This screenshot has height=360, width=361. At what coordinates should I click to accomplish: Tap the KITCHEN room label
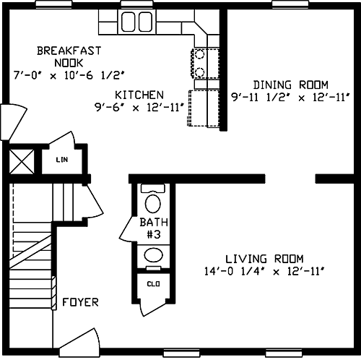pyautogui.click(x=139, y=95)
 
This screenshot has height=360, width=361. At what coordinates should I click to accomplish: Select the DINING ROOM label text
pyautogui.click(x=291, y=85)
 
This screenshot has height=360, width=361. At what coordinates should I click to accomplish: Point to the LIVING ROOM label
pyautogui.click(x=264, y=259)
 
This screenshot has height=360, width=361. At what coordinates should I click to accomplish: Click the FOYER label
pyautogui.click(x=80, y=302)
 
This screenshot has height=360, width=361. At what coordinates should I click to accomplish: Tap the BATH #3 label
pyautogui.click(x=154, y=228)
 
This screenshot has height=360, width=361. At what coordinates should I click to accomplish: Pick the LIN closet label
pyautogui.click(x=62, y=160)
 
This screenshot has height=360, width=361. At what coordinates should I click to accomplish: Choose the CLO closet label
pyautogui.click(x=153, y=284)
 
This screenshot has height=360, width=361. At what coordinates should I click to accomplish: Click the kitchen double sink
pyautogui.click(x=136, y=22)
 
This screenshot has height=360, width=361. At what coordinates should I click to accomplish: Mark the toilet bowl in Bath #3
pyautogui.click(x=153, y=204)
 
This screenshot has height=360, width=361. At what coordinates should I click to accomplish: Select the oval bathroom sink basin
pyautogui.click(x=153, y=255)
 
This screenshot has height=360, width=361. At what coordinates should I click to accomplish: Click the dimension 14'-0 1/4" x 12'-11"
pyautogui.click(x=264, y=272)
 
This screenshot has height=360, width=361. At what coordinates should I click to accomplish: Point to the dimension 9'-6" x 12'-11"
pyautogui.click(x=139, y=108)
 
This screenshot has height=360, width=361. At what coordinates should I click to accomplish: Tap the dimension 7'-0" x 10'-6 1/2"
pyautogui.click(x=69, y=75)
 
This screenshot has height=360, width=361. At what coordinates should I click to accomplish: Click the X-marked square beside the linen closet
pyautogui.click(x=22, y=161)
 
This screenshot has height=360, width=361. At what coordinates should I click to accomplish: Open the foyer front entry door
pyautogui.click(x=79, y=342)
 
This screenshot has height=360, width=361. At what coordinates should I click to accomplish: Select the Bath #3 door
pyautogui.click(x=126, y=229)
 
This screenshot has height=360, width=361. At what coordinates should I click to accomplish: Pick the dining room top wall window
pyautogui.click(x=290, y=4)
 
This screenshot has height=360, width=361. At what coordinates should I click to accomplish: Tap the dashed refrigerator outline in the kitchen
pyautogui.click(x=204, y=108)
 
